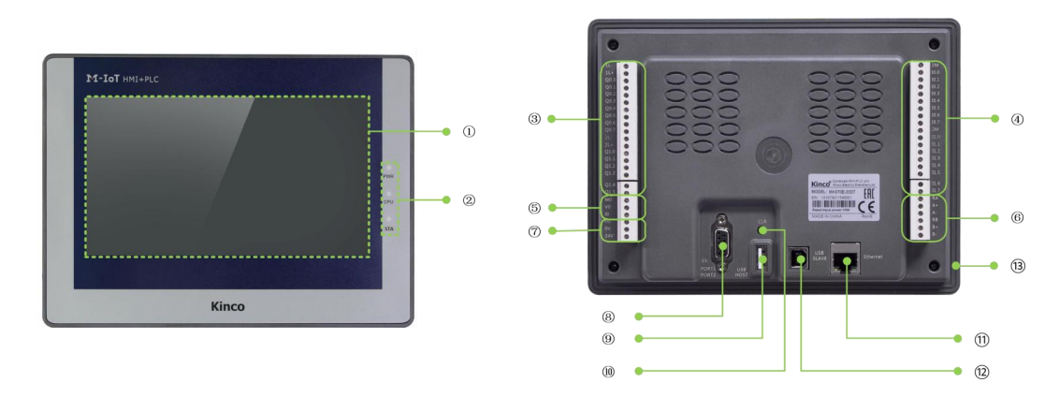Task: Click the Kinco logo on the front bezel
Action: [x=228, y=305]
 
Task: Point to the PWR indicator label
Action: [x=388, y=175]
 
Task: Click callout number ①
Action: [x=469, y=132]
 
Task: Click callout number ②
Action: [x=469, y=199]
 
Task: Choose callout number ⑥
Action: [x=1017, y=217]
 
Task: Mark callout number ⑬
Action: [x=1017, y=266]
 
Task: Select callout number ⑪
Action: [x=981, y=338]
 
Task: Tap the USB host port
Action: [x=762, y=259]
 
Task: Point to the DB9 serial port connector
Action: [x=722, y=246]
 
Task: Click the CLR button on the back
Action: [x=762, y=229]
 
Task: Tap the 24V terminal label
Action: [x=608, y=236]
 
